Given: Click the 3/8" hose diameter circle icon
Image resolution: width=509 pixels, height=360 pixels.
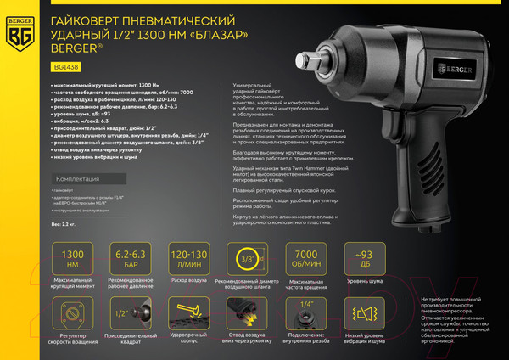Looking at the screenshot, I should click(x=247, y=257).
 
